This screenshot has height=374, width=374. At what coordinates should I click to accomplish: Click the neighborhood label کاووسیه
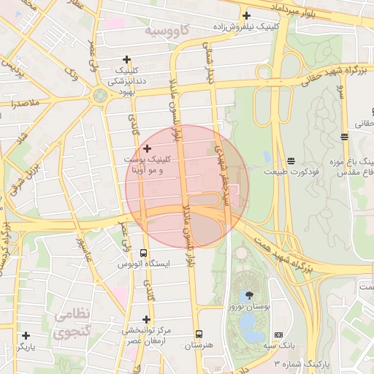(x=167, y=31)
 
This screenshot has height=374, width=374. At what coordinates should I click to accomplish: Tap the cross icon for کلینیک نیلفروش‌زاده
(x=246, y=15)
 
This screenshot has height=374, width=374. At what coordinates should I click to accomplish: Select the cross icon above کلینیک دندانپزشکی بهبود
(x=127, y=60)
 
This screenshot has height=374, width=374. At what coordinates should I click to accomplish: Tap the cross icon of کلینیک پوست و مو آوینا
(x=147, y=149)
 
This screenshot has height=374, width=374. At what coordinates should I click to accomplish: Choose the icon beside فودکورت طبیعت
(x=291, y=160)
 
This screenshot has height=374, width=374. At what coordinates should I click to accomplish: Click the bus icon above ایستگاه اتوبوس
(x=143, y=252)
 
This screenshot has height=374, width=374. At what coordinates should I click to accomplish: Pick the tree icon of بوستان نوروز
(x=250, y=295)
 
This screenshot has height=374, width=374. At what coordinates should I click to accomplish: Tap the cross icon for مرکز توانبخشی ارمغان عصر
(x=146, y=319)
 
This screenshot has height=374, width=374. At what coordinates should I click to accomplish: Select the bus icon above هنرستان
(x=199, y=334)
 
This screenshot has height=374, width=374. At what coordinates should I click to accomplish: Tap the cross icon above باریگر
(x=26, y=335)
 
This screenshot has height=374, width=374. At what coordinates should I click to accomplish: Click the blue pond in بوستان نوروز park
(x=252, y=334)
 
